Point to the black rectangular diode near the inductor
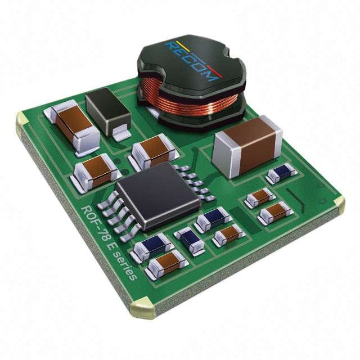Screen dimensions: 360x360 tap(109, 113)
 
